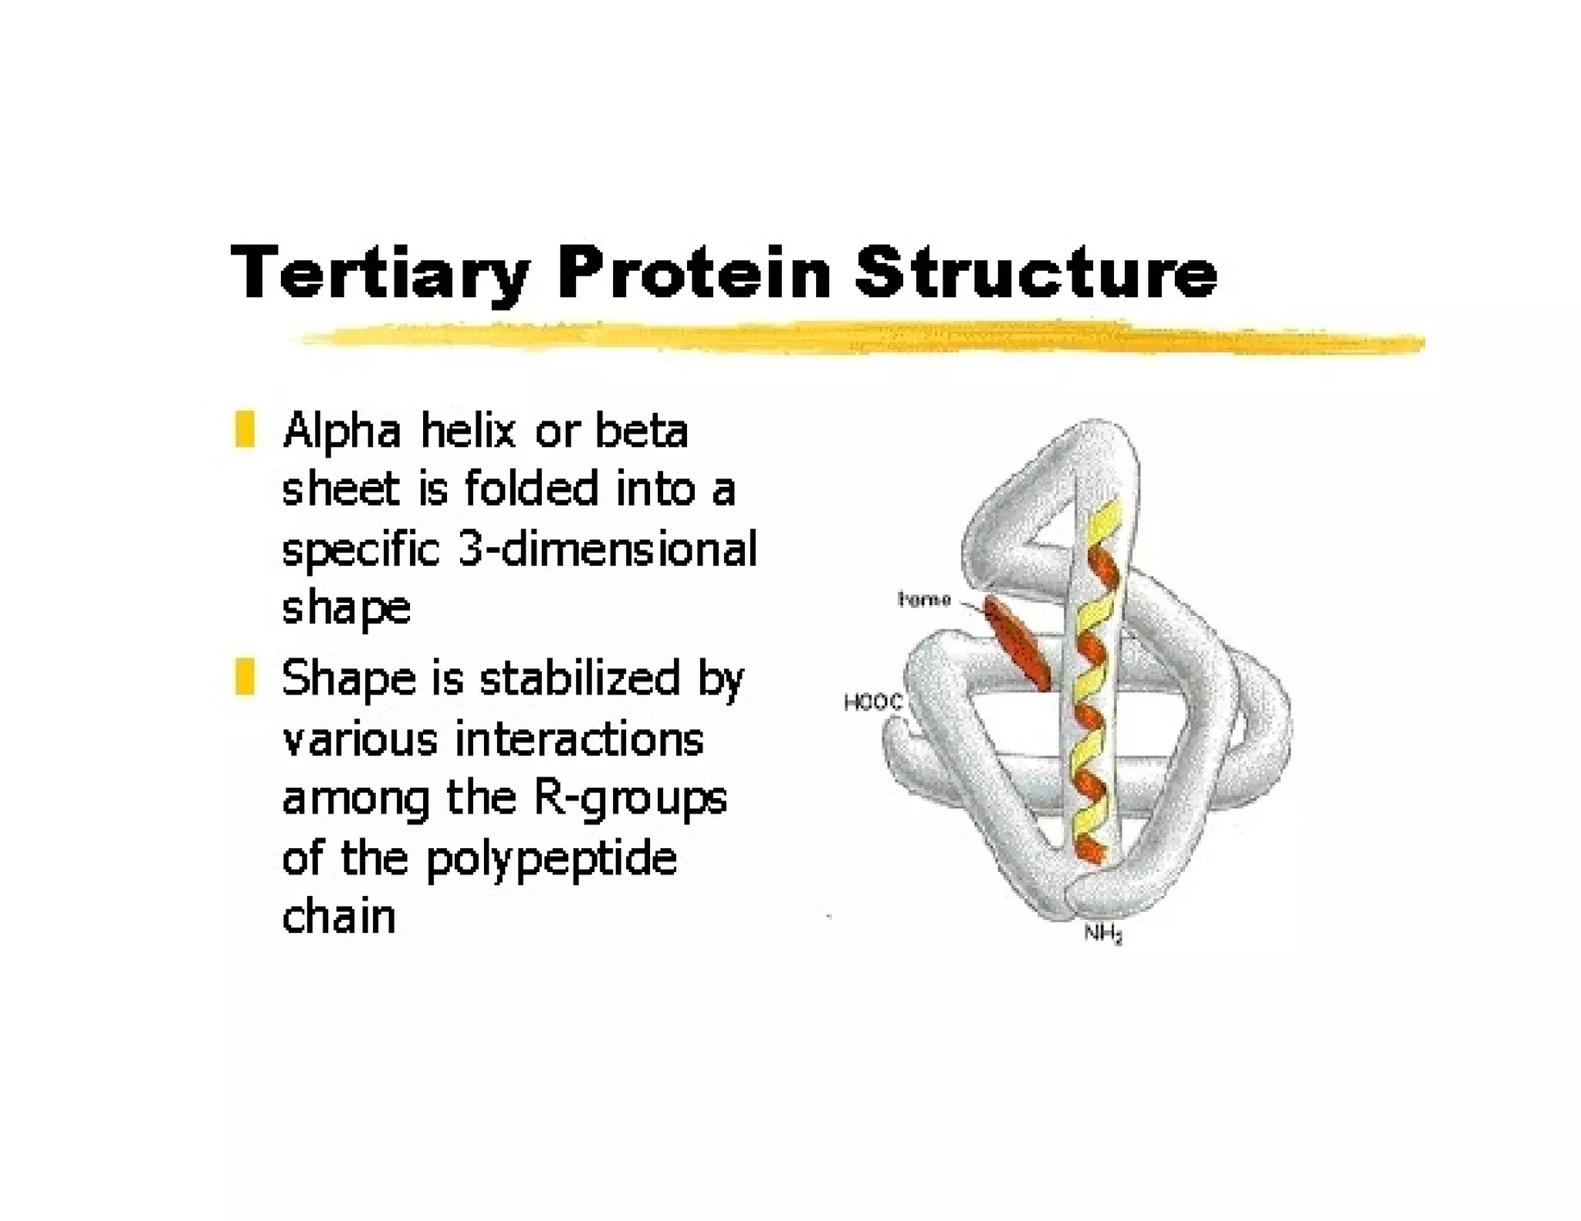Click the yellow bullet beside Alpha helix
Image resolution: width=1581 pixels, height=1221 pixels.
point(245,430)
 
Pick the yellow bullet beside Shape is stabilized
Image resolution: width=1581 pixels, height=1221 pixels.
point(245,677)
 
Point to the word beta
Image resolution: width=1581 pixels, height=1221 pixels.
point(641,431)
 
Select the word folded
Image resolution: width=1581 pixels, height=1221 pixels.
point(531,490)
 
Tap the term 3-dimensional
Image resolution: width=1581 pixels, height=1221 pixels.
point(607,550)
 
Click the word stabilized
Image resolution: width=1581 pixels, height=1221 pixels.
point(579,679)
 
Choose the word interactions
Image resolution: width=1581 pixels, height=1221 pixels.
point(579,739)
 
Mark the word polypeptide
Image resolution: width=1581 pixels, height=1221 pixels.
point(551,859)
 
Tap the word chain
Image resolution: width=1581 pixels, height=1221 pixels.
point(339,917)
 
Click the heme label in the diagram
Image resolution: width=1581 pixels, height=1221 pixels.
point(923,600)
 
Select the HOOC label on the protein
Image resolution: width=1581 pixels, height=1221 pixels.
point(872,702)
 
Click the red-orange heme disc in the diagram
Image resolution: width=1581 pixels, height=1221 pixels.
point(1017,644)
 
